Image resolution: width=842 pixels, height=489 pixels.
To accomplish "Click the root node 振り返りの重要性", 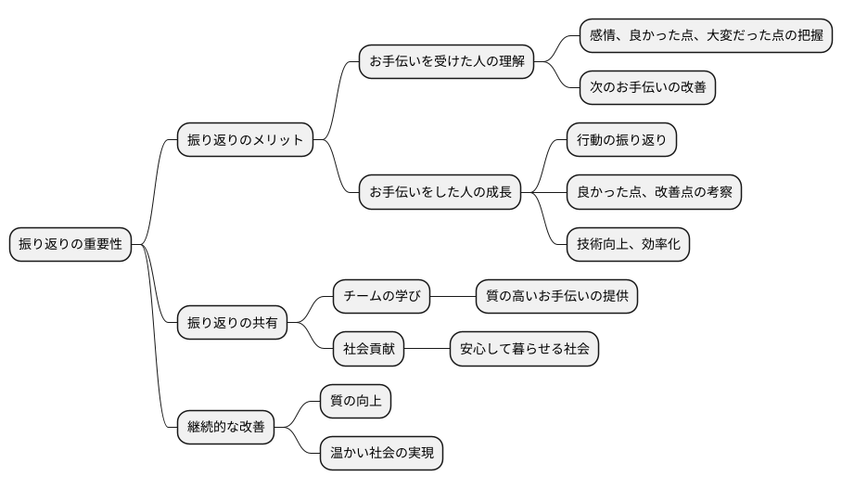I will click(70, 245).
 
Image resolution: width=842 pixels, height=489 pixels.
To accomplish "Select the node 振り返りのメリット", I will click(245, 140).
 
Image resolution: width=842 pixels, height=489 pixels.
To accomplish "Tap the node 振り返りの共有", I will click(232, 323).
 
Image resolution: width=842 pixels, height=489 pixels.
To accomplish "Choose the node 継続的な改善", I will click(225, 427).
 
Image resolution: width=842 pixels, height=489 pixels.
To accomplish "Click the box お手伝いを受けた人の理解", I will click(447, 62).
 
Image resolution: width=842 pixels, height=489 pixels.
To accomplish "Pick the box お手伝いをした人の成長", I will click(440, 192).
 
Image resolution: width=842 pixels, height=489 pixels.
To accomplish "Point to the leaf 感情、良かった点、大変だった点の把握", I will click(706, 35).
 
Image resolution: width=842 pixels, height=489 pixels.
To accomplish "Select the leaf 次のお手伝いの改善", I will click(649, 87).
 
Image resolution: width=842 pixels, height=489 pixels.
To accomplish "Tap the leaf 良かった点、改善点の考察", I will click(654, 192).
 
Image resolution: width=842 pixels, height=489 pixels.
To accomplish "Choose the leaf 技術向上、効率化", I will click(628, 244).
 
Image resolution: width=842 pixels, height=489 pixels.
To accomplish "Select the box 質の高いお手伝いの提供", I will click(556, 297).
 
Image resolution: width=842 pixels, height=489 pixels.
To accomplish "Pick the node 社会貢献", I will click(369, 349).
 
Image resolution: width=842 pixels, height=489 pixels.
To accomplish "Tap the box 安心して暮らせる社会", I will click(524, 349).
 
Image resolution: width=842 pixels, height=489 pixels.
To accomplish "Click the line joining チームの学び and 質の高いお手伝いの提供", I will click(453, 297).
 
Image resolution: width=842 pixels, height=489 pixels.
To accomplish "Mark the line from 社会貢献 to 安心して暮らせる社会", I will click(427, 349).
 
